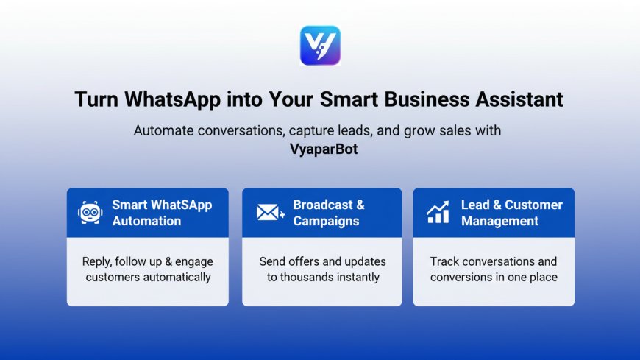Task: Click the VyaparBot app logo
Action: point(320,46)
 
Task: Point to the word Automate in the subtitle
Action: point(163,131)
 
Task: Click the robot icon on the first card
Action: point(90,212)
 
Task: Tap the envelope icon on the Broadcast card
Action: point(270,212)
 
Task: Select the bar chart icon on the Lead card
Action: point(438,213)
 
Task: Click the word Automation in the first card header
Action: point(146,221)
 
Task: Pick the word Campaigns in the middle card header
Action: point(326,221)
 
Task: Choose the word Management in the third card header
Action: point(499,221)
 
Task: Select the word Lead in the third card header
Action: point(475,205)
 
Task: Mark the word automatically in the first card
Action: point(177,278)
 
